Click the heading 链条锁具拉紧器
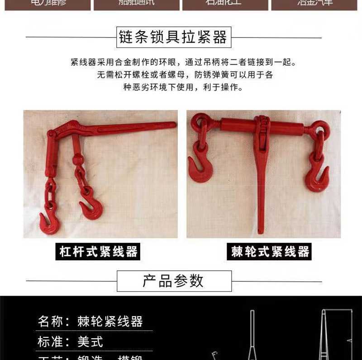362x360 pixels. coord(174,37)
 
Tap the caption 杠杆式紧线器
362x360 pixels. coord(98,251)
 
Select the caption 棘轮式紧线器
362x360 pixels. coord(270,252)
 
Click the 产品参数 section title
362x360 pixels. coord(174,281)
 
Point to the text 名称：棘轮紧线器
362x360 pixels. coord(90,322)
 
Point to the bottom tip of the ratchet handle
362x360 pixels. coord(261,231)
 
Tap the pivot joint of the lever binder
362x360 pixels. coord(52,135)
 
